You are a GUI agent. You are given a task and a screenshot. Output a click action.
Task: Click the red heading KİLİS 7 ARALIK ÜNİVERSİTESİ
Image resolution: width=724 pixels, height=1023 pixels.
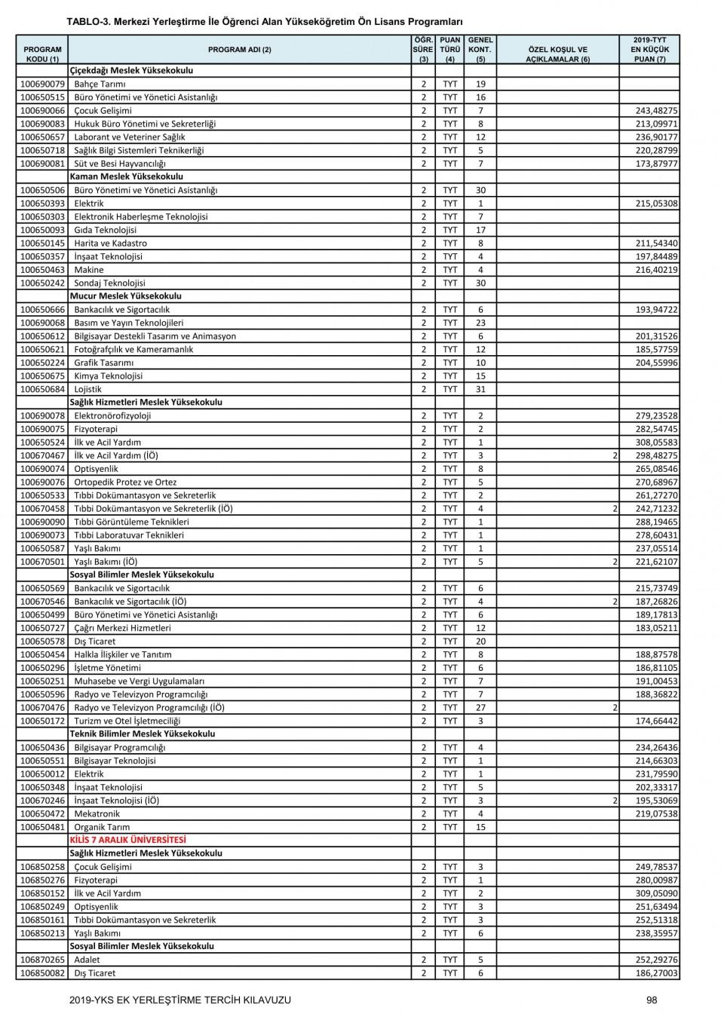click(x=127, y=840)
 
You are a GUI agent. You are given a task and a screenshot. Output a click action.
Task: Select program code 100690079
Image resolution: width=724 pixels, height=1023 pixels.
click(x=42, y=84)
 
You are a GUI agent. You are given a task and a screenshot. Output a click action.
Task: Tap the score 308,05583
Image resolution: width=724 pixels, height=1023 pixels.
click(x=655, y=443)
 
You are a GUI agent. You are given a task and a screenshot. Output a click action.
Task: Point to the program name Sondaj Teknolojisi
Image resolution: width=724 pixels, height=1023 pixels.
click(x=109, y=283)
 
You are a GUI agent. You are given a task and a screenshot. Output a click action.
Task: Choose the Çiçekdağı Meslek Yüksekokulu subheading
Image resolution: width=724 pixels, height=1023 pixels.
click(x=131, y=70)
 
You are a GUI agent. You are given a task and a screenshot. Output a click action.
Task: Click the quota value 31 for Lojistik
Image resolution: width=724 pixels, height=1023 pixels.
click(x=480, y=389)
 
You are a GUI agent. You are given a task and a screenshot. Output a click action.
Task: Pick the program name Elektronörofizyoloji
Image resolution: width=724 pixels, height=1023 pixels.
click(x=112, y=415)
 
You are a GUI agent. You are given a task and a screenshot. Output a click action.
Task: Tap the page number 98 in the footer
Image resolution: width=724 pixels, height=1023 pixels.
click(x=652, y=1000)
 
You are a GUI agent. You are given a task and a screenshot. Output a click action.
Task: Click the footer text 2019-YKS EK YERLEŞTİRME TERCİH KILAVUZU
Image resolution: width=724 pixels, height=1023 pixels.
click(x=179, y=1000)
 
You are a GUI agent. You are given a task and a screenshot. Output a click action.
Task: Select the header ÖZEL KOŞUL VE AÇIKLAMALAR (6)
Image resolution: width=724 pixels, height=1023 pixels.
click(x=557, y=54)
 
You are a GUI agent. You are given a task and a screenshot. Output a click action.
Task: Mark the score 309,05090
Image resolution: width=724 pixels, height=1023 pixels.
click(x=655, y=893)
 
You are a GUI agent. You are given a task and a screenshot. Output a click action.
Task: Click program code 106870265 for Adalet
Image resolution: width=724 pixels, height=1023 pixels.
click(x=42, y=960)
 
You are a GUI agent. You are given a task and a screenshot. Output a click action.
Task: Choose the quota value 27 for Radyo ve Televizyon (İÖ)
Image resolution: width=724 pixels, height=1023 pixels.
click(x=480, y=707)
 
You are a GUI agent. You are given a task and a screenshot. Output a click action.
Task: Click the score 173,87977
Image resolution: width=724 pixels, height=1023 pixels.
click(x=655, y=164)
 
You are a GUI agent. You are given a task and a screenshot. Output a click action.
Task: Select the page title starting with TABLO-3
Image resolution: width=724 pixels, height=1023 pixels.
click(x=264, y=22)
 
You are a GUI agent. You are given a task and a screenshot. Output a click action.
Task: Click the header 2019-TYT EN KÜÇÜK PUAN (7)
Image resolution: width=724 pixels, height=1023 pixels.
click(x=649, y=49)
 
